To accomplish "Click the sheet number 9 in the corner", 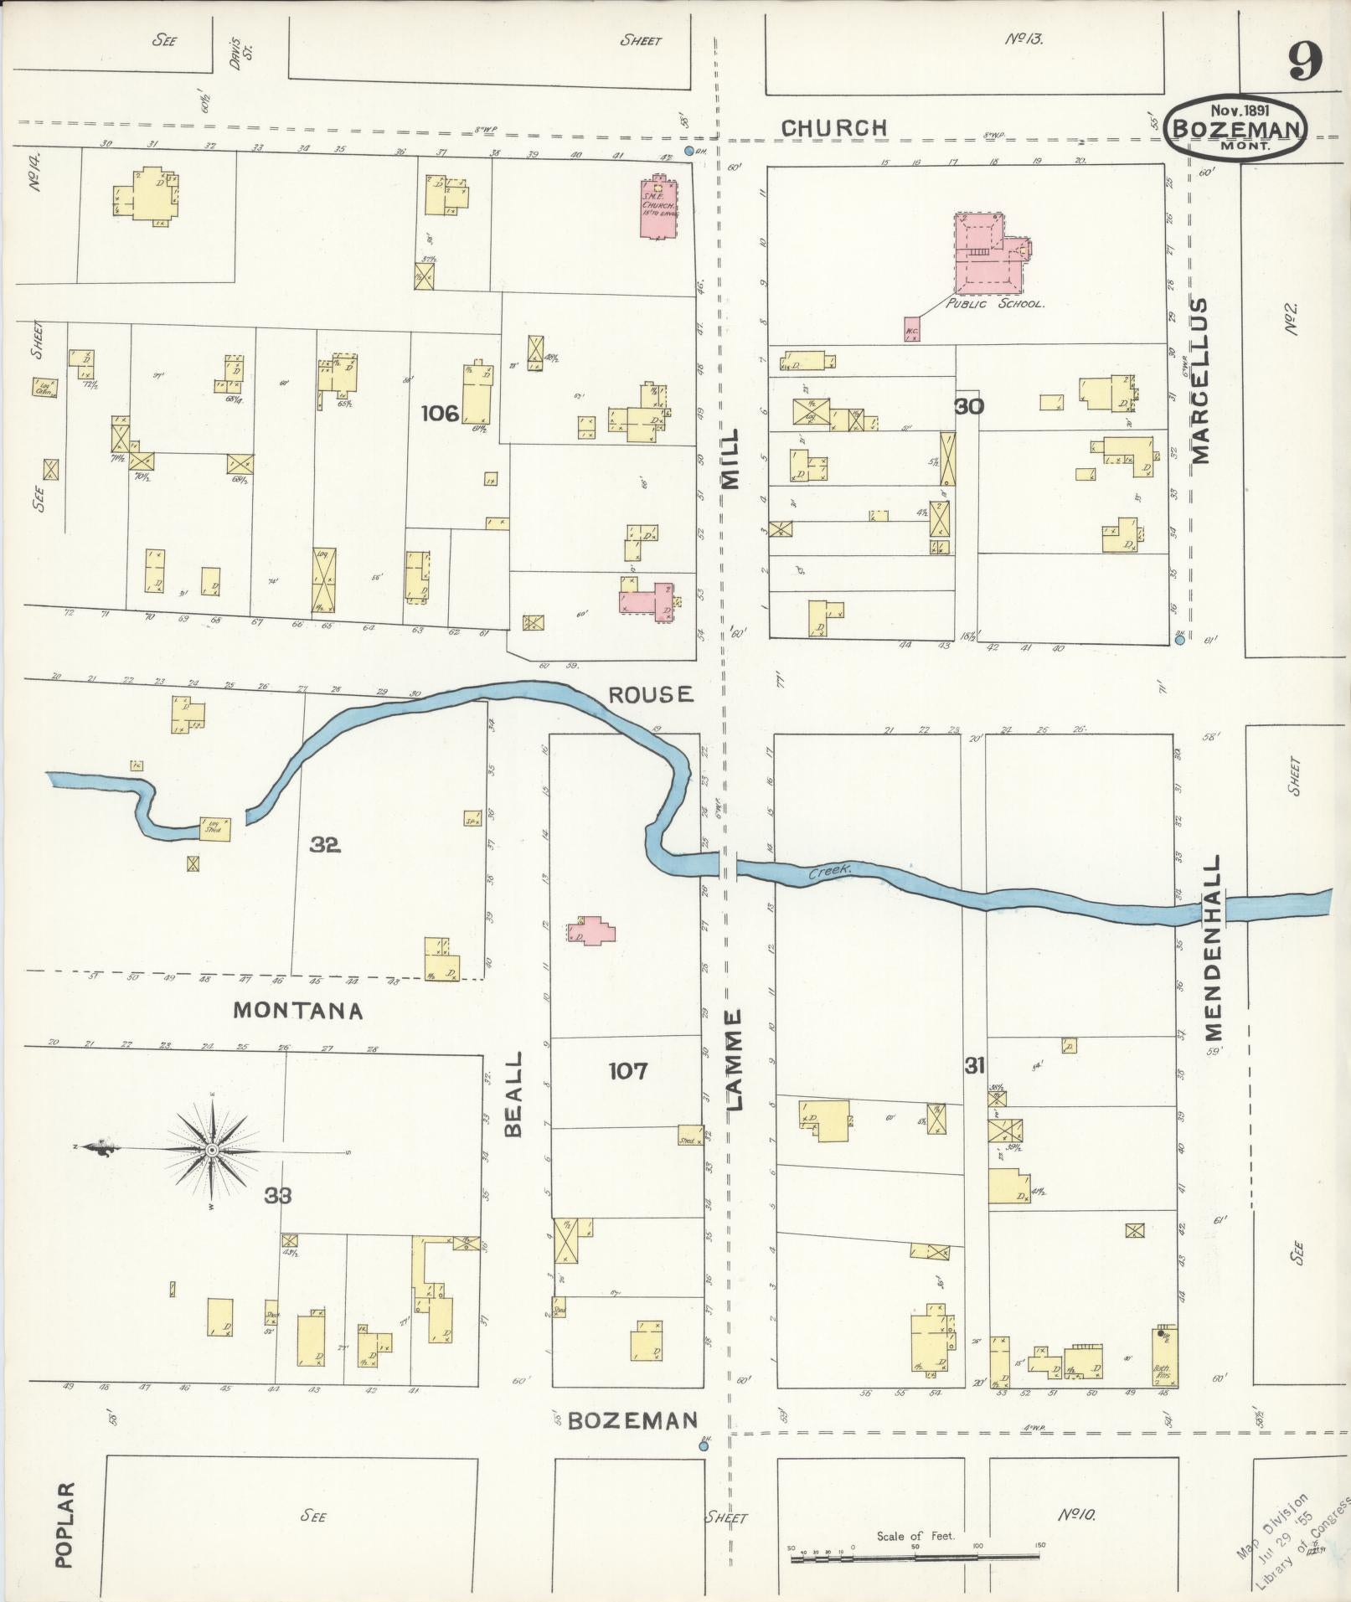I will point(1305,61).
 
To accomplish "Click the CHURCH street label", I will point(833,128).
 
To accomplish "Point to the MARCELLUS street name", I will point(1201,379).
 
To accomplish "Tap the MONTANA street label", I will point(297,1011).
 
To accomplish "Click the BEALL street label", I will point(513,1094).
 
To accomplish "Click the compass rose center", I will point(213,1151).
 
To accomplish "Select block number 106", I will point(441,412).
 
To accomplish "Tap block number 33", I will point(278,1196).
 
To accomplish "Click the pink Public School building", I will point(988,255).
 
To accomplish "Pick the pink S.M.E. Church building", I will point(658,207).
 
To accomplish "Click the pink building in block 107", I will point(592,931).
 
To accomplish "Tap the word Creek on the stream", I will point(829,872).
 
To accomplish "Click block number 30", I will point(969,406).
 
